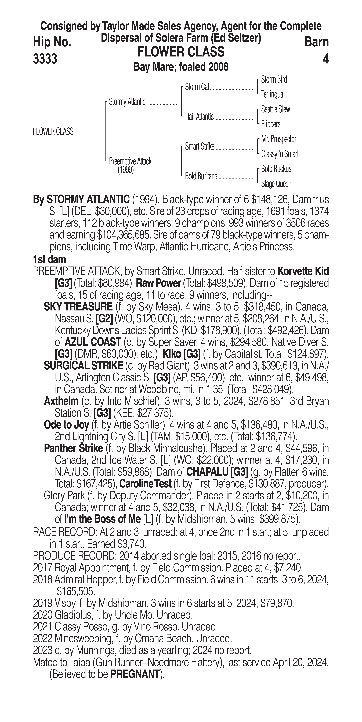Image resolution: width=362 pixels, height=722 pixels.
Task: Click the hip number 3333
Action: click(x=45, y=59)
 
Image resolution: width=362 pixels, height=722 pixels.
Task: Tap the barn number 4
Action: click(x=325, y=59)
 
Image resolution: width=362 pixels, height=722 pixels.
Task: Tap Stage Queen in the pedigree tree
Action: click(x=276, y=184)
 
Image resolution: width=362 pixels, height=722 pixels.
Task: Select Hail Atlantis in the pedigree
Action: click(x=199, y=117)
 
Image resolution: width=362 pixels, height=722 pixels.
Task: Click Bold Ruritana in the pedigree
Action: click(x=201, y=176)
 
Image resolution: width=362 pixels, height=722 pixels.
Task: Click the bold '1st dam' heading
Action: click(x=49, y=259)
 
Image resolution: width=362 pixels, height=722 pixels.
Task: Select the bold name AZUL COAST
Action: click(x=93, y=342)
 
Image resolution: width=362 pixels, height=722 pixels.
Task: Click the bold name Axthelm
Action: click(x=61, y=401)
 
